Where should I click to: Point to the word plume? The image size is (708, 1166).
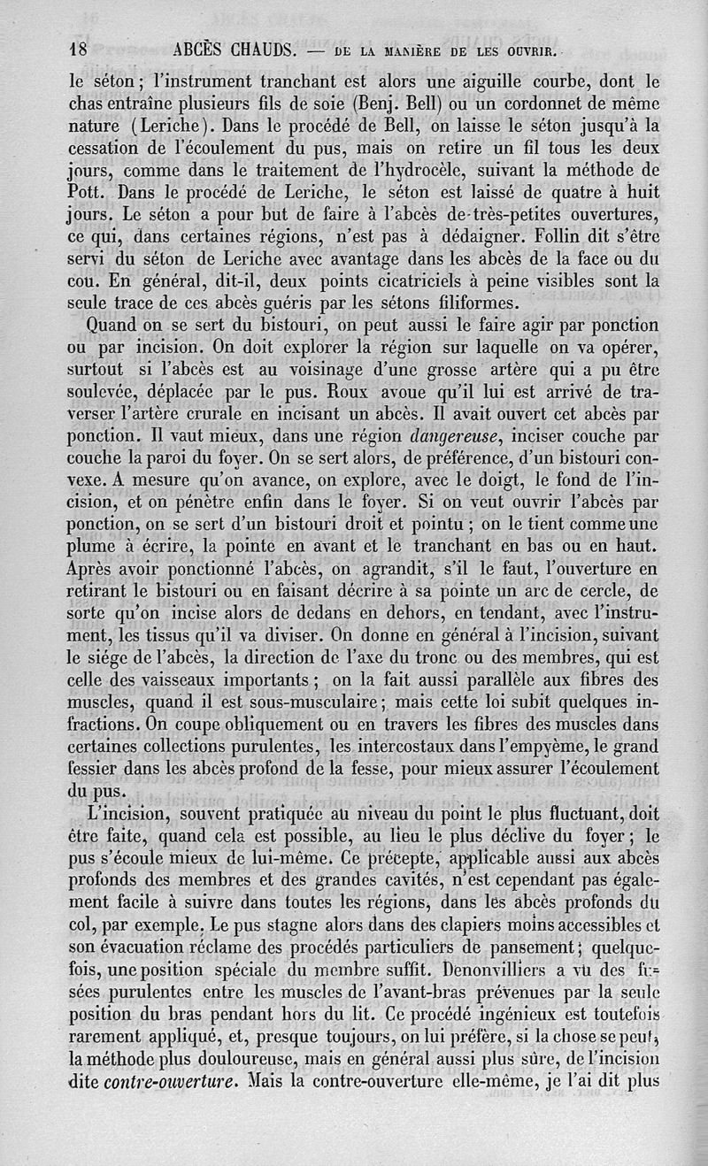point(94,548)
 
